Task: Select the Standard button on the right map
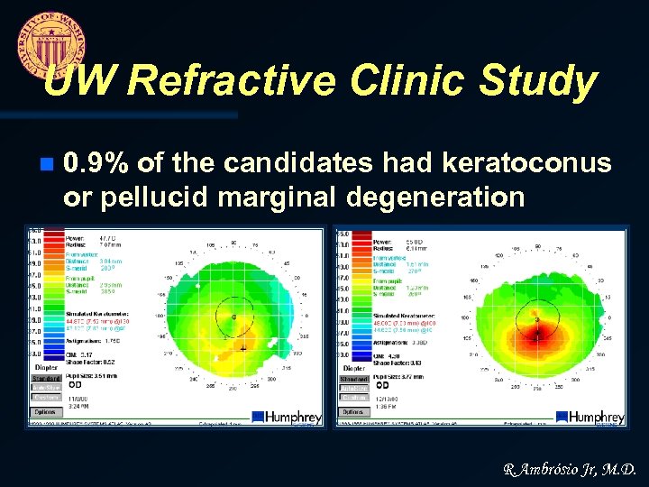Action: (355, 379)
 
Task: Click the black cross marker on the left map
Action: (242, 346)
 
